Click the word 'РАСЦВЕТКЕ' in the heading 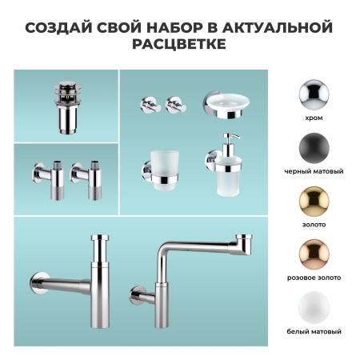[x=179, y=46]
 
